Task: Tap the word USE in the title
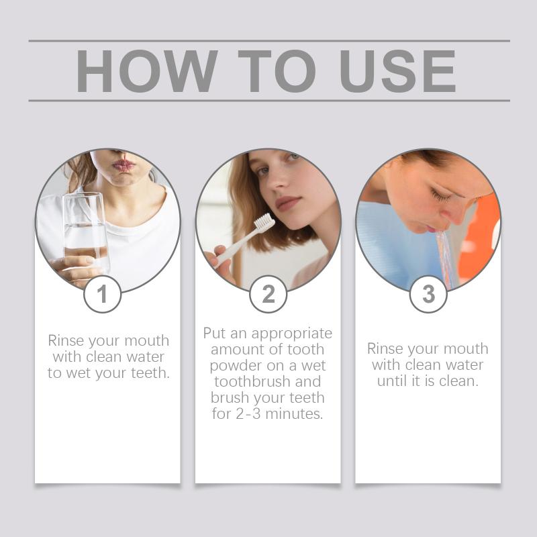pyautogui.click(x=397, y=71)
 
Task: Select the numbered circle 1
pyautogui.click(x=103, y=294)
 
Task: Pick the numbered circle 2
pyautogui.click(x=268, y=294)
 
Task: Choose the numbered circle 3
pyautogui.click(x=428, y=294)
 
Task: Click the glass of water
pyautogui.click(x=86, y=234)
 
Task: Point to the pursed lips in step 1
pyautogui.click(x=124, y=166)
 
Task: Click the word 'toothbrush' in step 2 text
pyautogui.click(x=250, y=381)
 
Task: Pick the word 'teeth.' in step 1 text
pyautogui.click(x=150, y=373)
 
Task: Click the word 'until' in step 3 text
pyautogui.click(x=393, y=381)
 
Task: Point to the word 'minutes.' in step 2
pyautogui.click(x=294, y=413)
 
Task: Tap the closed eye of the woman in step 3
pyautogui.click(x=440, y=195)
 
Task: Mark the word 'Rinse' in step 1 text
pyautogui.click(x=65, y=340)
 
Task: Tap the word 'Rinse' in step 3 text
pyautogui.click(x=385, y=348)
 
